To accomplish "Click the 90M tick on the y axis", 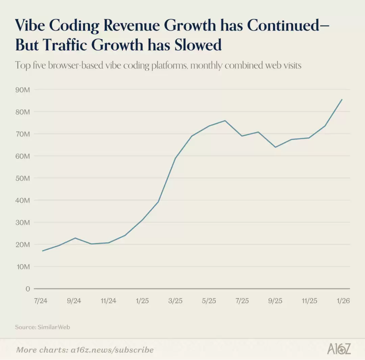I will pyautogui.click(x=23, y=89).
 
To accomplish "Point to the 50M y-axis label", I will pyautogui.click(x=23, y=178).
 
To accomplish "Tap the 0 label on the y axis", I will pyautogui.click(x=27, y=289).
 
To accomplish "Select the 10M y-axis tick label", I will pyautogui.click(x=23, y=267).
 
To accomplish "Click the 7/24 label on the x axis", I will pyautogui.click(x=41, y=301).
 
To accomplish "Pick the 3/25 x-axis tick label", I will pyautogui.click(x=175, y=301).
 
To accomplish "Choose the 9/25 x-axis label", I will pyautogui.click(x=275, y=301).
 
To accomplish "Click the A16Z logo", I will pyautogui.click(x=339, y=349).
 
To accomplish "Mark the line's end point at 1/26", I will pyautogui.click(x=342, y=99).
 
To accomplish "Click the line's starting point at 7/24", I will pyautogui.click(x=42, y=251).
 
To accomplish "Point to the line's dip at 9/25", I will pyautogui.click(x=275, y=147).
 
